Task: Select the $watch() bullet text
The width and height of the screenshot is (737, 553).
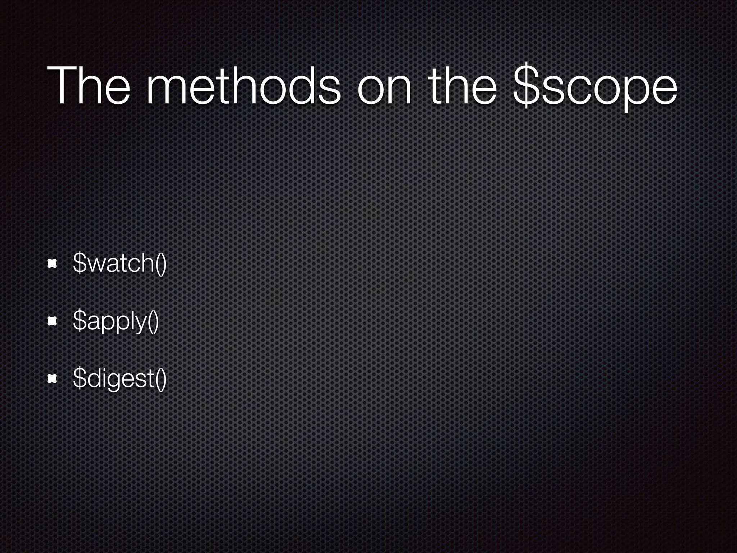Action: pyautogui.click(x=119, y=264)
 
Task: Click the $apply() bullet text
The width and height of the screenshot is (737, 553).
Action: pyautogui.click(x=116, y=321)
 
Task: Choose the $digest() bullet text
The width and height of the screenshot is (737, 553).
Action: pyautogui.click(x=119, y=379)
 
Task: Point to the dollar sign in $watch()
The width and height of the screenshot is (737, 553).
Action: pyautogui.click(x=78, y=263)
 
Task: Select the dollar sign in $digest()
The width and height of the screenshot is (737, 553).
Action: pyautogui.click(x=78, y=378)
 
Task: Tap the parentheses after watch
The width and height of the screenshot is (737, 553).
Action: pyautogui.click(x=161, y=264)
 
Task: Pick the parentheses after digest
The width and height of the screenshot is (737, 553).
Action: pyautogui.click(x=161, y=379)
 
